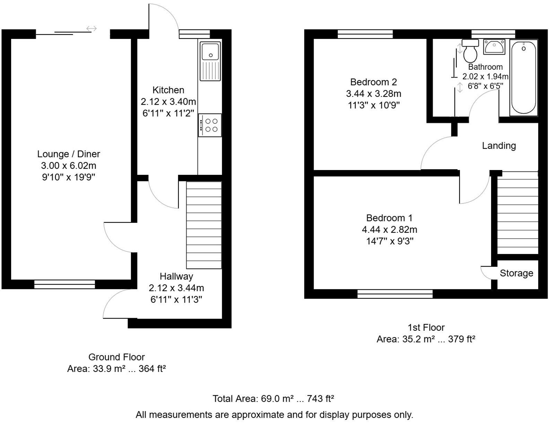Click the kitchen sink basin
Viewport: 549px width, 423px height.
point(210,52)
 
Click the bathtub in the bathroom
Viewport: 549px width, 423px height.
point(523,78)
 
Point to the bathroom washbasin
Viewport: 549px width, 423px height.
point(495,46)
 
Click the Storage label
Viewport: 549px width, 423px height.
point(516,273)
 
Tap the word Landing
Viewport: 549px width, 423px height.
point(499,146)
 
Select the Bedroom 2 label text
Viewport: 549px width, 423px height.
point(373,82)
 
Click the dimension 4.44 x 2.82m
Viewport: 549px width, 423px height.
point(390,229)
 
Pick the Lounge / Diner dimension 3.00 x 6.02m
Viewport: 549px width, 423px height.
point(69,166)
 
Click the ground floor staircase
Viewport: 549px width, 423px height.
point(204,225)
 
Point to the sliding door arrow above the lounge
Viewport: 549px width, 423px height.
point(91,28)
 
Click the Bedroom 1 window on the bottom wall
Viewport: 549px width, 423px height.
point(395,294)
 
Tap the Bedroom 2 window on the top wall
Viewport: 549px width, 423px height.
point(365,34)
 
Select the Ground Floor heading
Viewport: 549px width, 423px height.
point(116,357)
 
